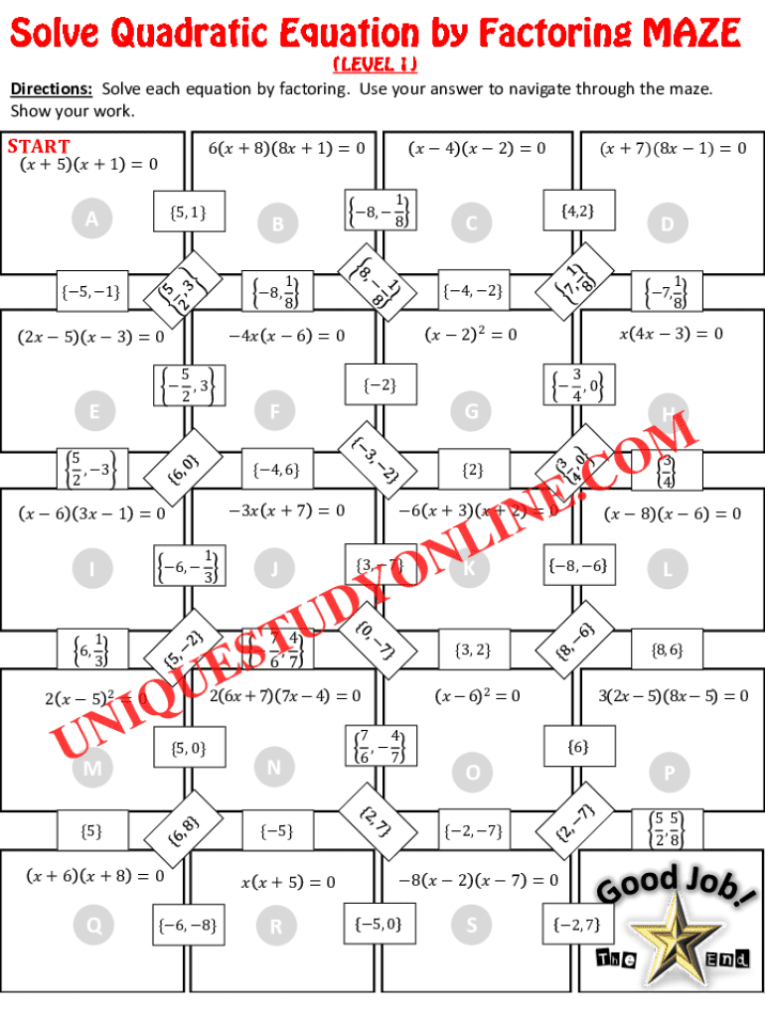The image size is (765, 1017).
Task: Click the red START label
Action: click(x=39, y=147)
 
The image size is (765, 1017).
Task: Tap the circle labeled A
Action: click(x=92, y=219)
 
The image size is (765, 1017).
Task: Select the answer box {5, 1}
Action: click(x=188, y=211)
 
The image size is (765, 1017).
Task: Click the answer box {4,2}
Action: click(x=576, y=211)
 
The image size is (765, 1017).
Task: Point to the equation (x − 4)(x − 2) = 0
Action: click(x=477, y=149)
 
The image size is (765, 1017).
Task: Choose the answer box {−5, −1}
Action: click(x=90, y=291)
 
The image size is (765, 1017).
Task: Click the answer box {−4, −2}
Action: click(x=472, y=291)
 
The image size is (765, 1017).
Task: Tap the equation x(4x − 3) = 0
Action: click(x=671, y=334)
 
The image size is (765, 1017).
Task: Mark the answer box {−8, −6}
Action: click(x=576, y=566)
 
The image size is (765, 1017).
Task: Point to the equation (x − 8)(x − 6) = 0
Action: click(x=673, y=513)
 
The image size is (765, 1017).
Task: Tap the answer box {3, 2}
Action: click(x=472, y=650)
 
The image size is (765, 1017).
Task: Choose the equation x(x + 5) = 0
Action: click(x=288, y=882)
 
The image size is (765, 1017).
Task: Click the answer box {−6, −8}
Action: click(x=187, y=927)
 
